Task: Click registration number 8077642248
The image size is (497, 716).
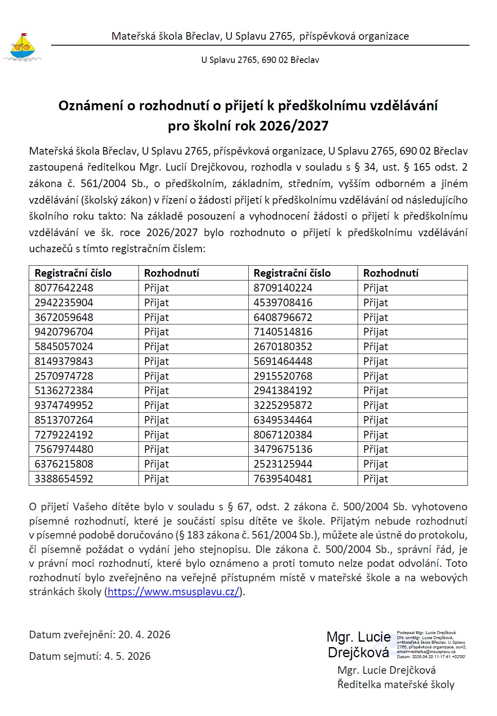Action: pyautogui.click(x=64, y=288)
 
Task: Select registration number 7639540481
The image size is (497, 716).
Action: pyautogui.click(x=283, y=479)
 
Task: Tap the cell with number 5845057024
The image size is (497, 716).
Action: pyautogui.click(x=64, y=347)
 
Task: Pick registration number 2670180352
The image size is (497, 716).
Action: pyautogui.click(x=283, y=347)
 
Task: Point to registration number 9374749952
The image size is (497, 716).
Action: pyautogui.click(x=64, y=406)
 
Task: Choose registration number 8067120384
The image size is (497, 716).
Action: pyautogui.click(x=283, y=435)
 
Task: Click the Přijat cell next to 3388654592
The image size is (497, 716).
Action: pyautogui.click(x=157, y=479)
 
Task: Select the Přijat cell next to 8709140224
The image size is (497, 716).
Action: pyautogui.click(x=375, y=288)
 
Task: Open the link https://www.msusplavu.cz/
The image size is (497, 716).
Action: pyautogui.click(x=174, y=592)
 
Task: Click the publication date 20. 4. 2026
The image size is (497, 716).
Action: pyautogui.click(x=144, y=635)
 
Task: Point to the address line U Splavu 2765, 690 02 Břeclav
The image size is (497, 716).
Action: pyautogui.click(x=260, y=60)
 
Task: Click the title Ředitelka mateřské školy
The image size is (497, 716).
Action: pyautogui.click(x=396, y=685)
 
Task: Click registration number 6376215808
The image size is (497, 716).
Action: pyautogui.click(x=64, y=464)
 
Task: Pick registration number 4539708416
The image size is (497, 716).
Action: pyautogui.click(x=283, y=303)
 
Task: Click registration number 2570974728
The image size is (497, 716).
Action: pyautogui.click(x=64, y=376)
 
